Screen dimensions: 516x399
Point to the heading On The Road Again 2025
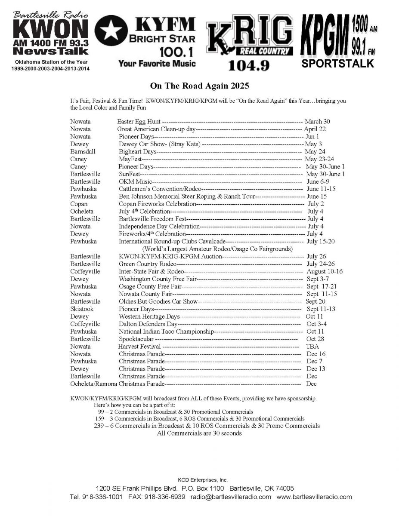point(199,86)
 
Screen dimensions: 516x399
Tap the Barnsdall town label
point(83,151)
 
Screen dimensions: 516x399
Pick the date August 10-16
point(325,271)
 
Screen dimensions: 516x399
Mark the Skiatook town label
point(82,309)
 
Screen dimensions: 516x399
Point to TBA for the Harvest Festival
point(312,346)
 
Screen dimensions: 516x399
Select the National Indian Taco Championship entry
point(166,332)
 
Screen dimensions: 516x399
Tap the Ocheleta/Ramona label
point(93,384)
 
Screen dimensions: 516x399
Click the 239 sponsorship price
point(98,426)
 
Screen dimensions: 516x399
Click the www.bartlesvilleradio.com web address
point(314,497)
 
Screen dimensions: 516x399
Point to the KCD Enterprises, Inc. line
point(202,480)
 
